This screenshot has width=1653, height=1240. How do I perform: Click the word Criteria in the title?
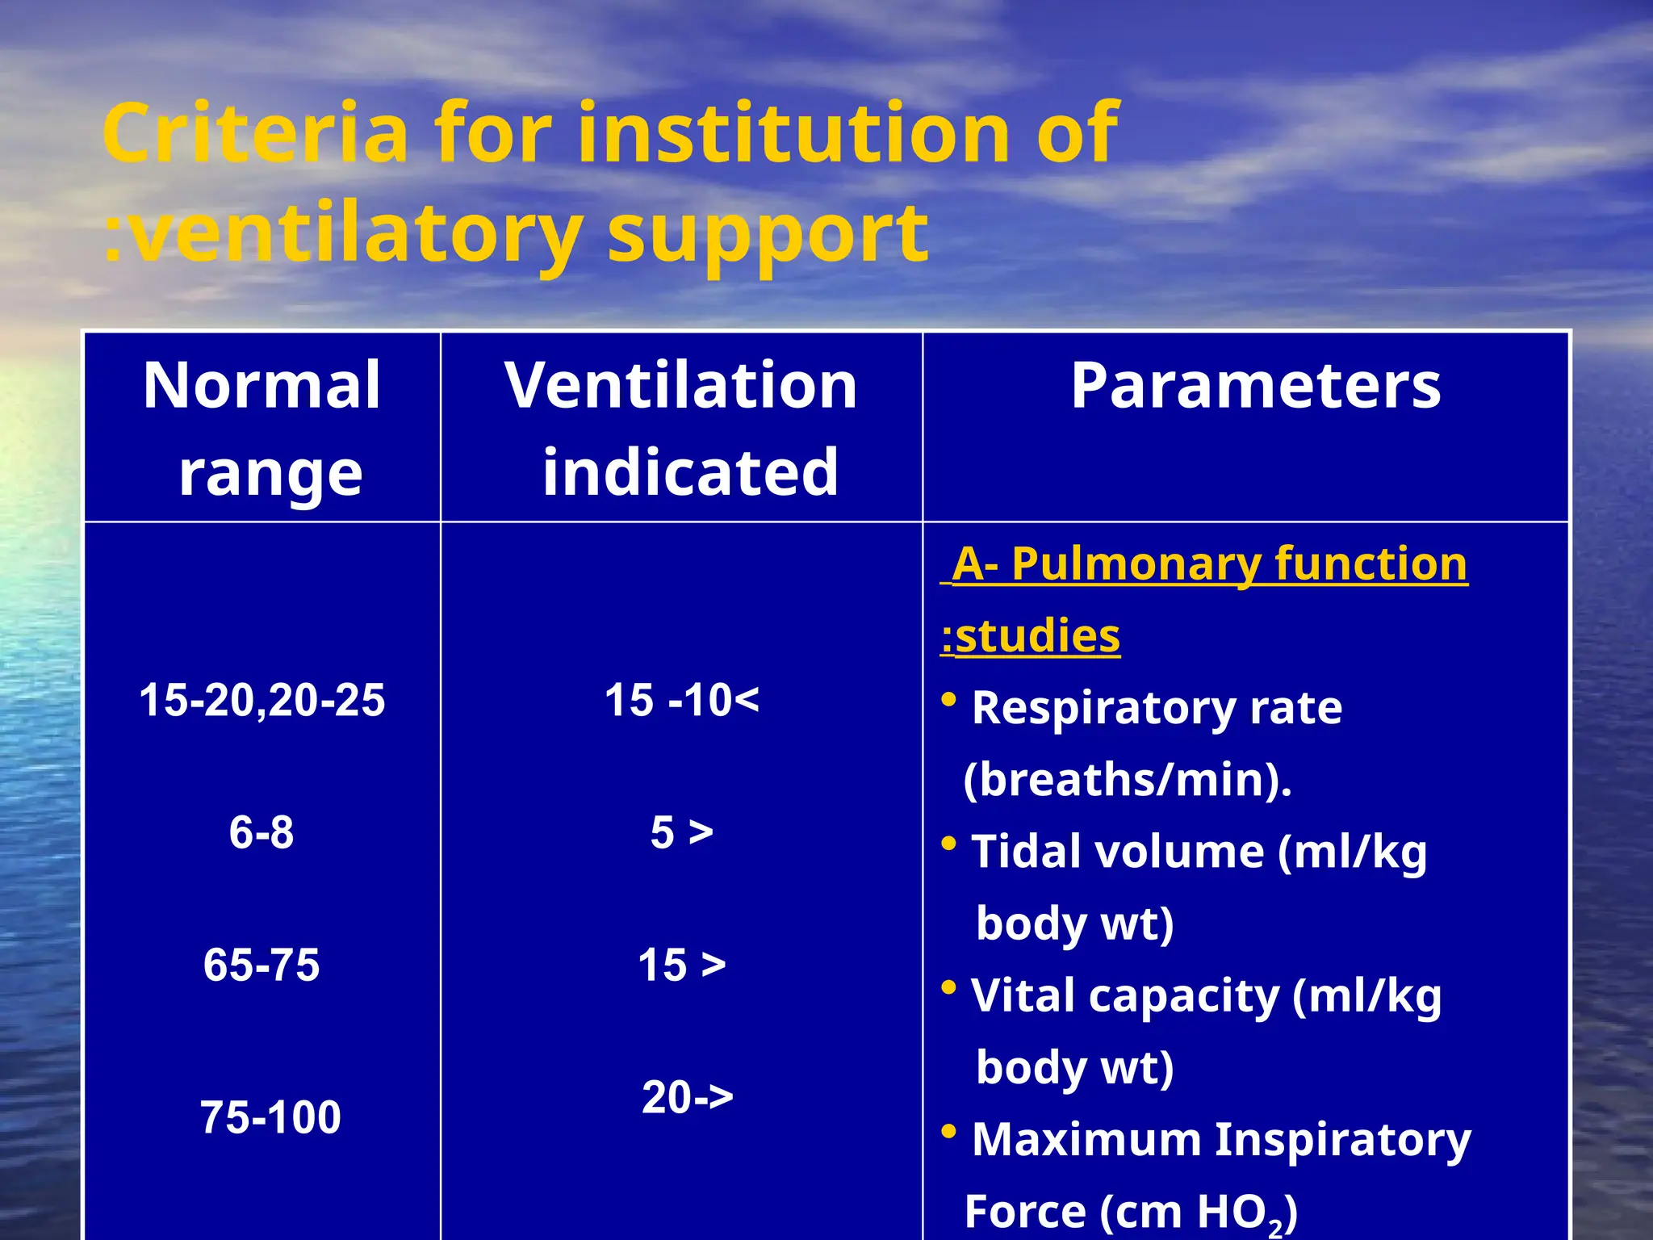point(255,133)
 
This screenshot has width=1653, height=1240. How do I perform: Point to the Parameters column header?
point(1256,386)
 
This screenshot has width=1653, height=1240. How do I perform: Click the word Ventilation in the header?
point(681,386)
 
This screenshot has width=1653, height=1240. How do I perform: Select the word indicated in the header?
point(690,472)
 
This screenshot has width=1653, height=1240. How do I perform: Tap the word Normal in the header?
point(262,386)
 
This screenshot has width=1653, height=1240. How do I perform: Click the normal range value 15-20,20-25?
point(262,700)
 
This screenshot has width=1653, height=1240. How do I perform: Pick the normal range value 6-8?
point(262,832)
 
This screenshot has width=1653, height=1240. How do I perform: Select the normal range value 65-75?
point(262,965)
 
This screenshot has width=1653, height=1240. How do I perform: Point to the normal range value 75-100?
point(270,1117)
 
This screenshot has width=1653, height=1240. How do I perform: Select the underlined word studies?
point(1037,636)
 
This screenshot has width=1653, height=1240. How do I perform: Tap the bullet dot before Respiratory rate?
point(949,700)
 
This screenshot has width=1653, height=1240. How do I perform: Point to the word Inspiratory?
point(1343,1140)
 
